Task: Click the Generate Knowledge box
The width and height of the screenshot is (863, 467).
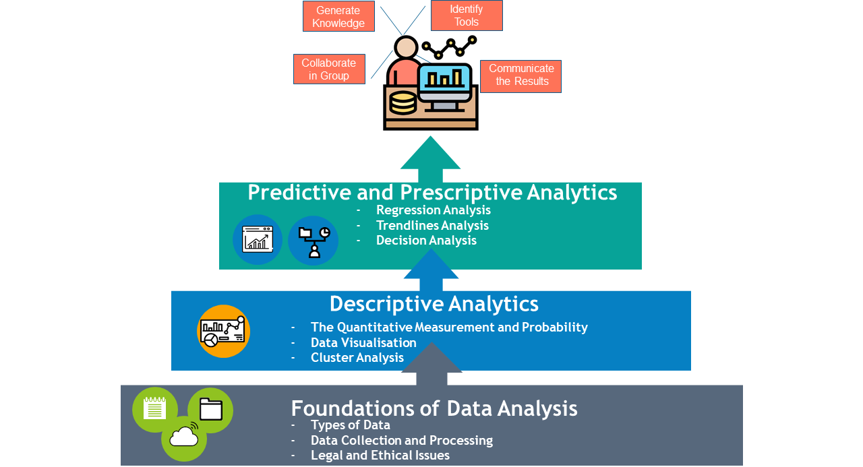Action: [x=338, y=16]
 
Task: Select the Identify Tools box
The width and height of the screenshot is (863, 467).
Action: [x=467, y=15]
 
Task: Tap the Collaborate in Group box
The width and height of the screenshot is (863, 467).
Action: [x=329, y=69]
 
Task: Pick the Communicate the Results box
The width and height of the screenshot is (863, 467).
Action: [x=520, y=76]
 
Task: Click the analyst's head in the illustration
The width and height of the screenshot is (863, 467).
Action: [x=406, y=47]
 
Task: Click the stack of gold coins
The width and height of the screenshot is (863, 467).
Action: [x=403, y=103]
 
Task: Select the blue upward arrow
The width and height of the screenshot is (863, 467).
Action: [x=431, y=270]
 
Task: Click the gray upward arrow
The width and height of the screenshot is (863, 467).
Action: [x=431, y=364]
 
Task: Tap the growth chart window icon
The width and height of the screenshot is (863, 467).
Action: [x=258, y=239]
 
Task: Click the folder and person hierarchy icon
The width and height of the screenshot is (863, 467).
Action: [x=314, y=241]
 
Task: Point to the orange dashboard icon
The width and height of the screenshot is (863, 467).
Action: [x=223, y=331]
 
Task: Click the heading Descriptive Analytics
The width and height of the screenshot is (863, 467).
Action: [x=434, y=304]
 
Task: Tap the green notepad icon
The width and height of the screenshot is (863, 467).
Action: [x=155, y=409]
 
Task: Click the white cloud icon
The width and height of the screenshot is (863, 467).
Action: [x=184, y=436]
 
